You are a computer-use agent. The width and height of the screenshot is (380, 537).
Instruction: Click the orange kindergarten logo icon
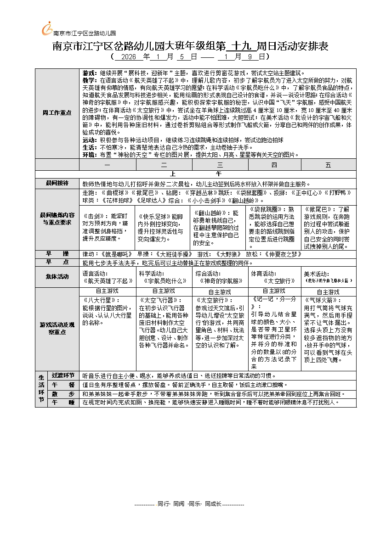click(x=47, y=29)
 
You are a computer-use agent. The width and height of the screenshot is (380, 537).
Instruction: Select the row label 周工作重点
click(x=57, y=112)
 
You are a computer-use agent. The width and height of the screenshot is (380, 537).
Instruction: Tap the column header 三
click(x=219, y=164)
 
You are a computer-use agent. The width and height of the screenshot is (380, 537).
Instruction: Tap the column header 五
click(x=328, y=164)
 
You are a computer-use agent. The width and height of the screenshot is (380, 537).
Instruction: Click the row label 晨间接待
click(x=57, y=183)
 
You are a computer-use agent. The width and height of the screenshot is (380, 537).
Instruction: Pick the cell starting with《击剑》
click(x=107, y=227)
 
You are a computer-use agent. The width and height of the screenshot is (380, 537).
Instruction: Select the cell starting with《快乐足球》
click(x=162, y=227)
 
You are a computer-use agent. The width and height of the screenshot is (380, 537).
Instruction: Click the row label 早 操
click(x=57, y=254)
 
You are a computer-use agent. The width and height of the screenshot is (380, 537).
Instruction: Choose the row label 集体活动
click(x=57, y=276)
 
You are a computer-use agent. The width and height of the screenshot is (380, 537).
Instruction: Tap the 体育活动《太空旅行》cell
click(x=274, y=277)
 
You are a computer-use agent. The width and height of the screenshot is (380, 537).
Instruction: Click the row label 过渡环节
click(x=63, y=375)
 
